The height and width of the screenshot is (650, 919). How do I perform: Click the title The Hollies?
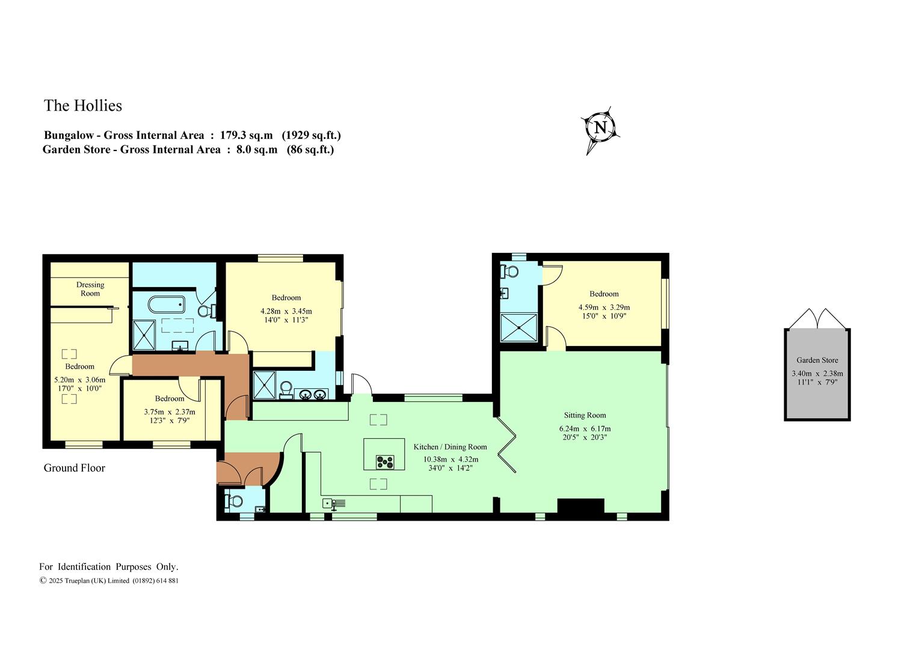click(83, 105)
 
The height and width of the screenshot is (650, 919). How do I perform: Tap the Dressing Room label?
click(90, 289)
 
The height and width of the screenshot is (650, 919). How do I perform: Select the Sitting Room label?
click(585, 415)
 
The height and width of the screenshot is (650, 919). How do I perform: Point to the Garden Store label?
click(817, 360)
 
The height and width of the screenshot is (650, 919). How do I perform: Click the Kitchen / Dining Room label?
click(450, 447)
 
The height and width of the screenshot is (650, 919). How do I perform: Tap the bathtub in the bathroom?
click(166, 305)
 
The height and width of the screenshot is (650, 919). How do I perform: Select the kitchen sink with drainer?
click(334, 503)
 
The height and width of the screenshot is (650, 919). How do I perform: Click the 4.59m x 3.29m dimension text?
click(604, 307)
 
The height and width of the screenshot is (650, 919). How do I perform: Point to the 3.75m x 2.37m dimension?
click(170, 412)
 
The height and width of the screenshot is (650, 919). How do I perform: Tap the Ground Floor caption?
click(74, 468)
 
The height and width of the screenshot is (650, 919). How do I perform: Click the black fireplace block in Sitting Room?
click(580, 506)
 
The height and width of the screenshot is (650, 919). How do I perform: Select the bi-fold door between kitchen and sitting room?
click(507, 445)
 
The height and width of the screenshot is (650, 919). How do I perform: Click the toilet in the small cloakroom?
click(235, 501)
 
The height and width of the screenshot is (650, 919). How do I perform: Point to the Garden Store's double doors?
click(817, 319)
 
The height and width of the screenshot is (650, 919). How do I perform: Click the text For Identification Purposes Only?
click(109, 567)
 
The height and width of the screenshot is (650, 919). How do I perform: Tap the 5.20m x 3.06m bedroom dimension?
click(80, 380)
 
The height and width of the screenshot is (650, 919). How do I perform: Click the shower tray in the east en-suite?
click(519, 327)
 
